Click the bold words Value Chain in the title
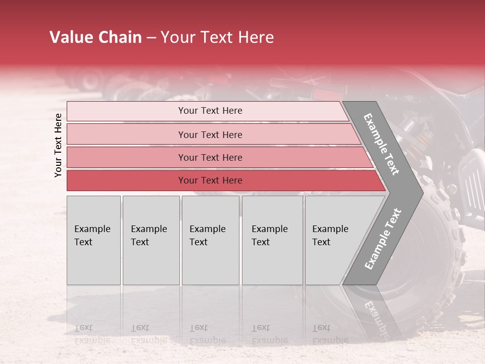point(95,37)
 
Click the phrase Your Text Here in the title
point(217,37)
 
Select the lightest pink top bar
point(207,111)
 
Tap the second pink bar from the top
point(212,134)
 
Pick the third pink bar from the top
point(217,157)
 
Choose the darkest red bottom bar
point(222,180)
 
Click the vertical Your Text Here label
point(58,145)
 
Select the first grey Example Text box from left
point(93,240)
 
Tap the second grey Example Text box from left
point(151,240)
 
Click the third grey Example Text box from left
point(210,240)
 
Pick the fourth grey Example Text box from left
point(272,240)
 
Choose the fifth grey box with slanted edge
point(333,240)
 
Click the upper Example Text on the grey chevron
point(382,144)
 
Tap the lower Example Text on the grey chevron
point(382,239)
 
